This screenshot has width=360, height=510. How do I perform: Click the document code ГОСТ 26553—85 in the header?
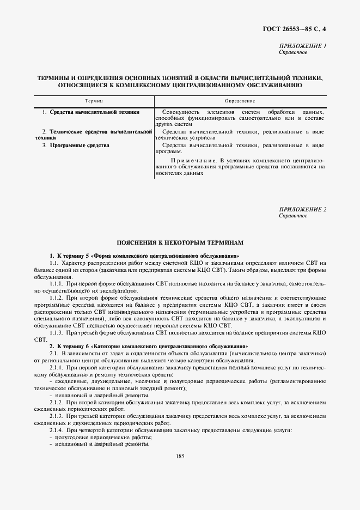click(x=292, y=28)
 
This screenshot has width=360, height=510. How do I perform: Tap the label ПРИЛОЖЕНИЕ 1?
click(x=302, y=46)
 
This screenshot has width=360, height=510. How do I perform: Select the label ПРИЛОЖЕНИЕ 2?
click(x=302, y=209)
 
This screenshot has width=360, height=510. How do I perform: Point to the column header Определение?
click(x=240, y=102)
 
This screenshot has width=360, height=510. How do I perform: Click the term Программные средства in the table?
click(x=80, y=145)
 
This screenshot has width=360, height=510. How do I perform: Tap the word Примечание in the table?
click(x=189, y=161)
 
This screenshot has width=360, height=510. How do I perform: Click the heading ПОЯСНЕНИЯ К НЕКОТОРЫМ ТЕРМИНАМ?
click(x=180, y=241)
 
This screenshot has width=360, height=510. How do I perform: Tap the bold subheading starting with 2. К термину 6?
click(x=148, y=346)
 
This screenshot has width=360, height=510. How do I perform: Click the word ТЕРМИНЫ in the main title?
click(x=57, y=78)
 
